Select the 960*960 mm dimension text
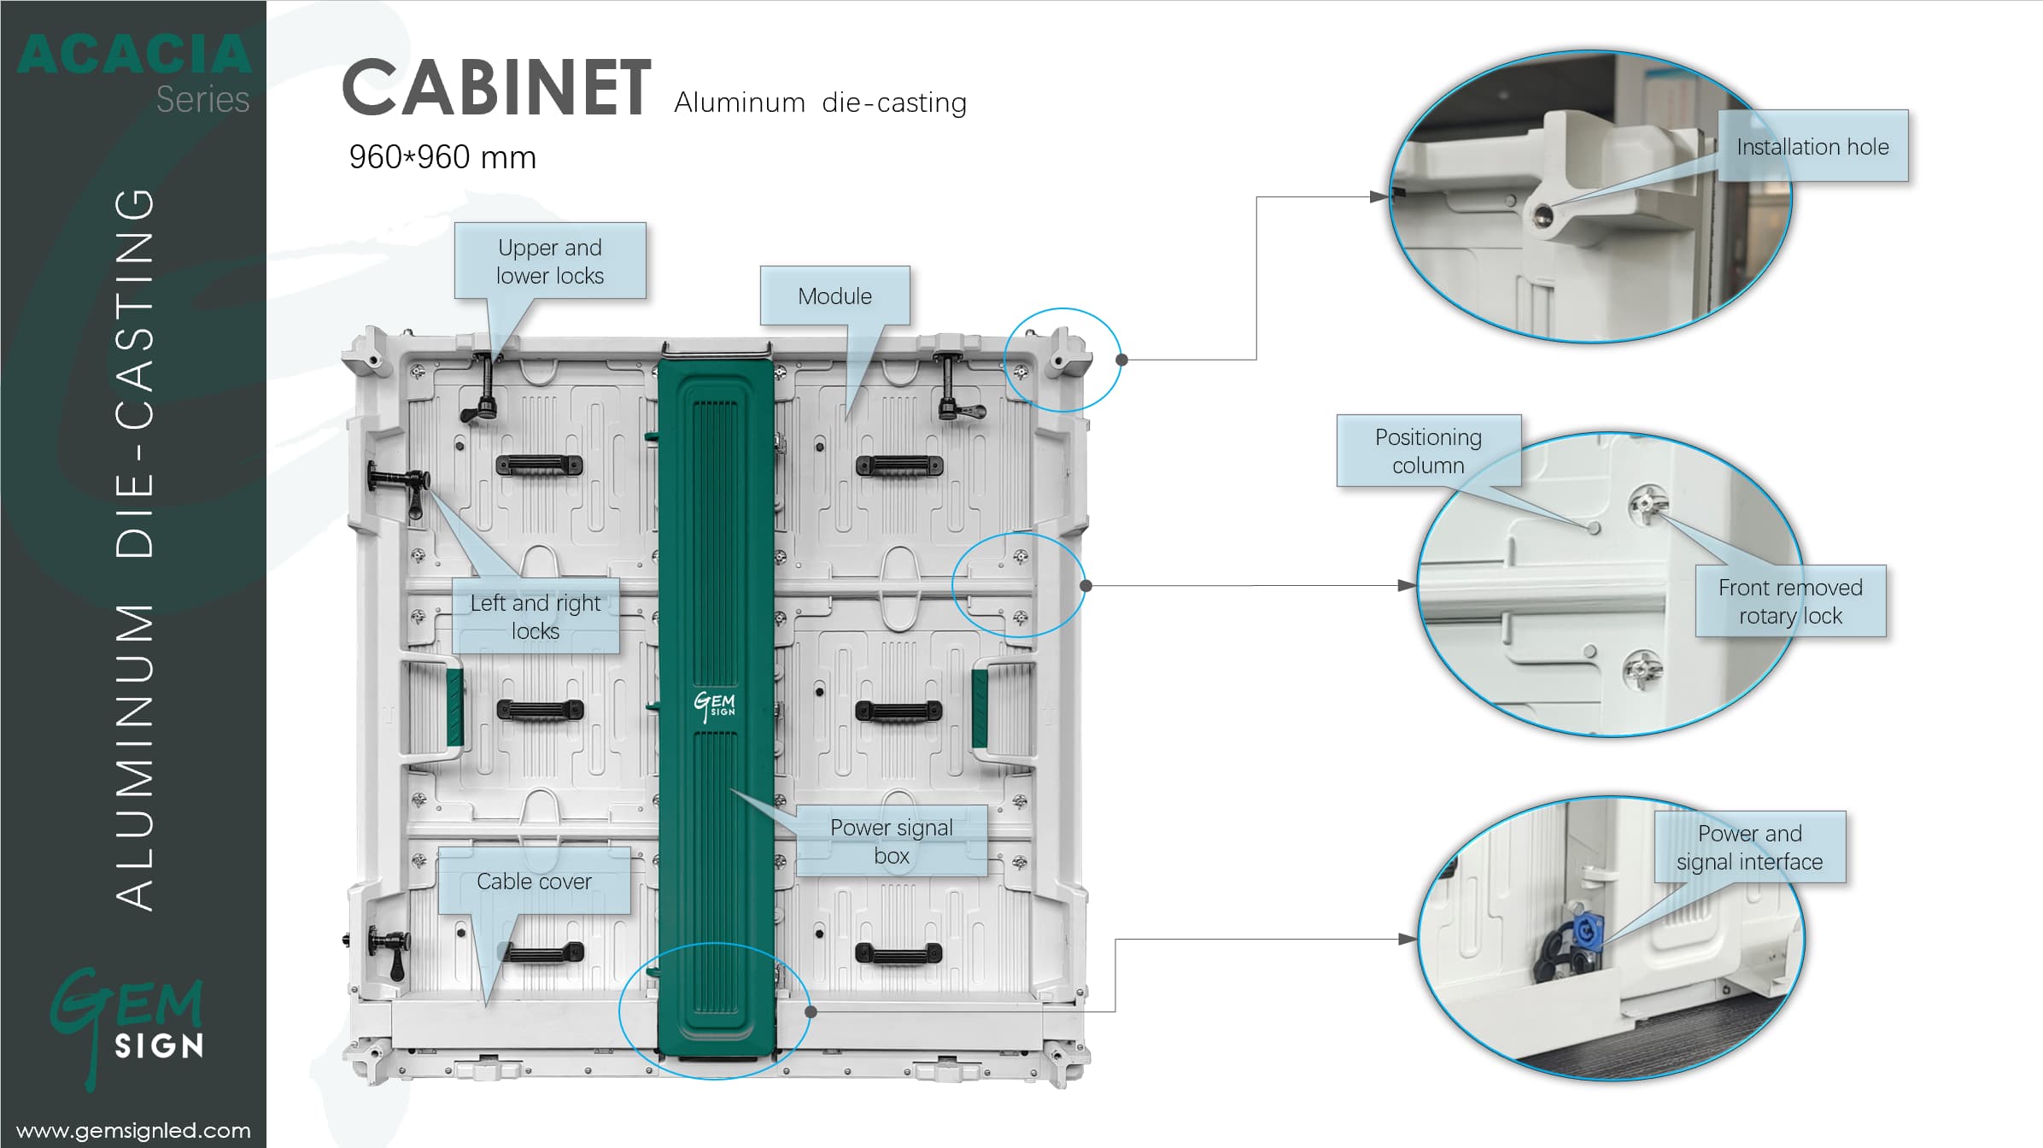pos(442,157)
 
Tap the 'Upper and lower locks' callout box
pos(550,261)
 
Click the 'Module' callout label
pos(834,296)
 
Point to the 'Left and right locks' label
pos(536,617)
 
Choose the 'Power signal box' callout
pos(891,841)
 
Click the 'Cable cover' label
pos(534,881)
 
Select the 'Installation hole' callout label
pos(1812,147)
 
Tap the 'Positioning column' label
pos(1428,451)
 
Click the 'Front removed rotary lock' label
pos(1790,601)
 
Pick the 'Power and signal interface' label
pos(1749,847)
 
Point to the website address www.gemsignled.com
pos(133,1130)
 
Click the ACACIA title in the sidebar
pos(134,55)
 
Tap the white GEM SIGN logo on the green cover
pos(715,706)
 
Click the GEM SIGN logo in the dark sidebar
pos(128,1026)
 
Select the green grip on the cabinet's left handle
pos(454,706)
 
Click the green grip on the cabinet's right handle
pos(980,708)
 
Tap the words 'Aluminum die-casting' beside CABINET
pos(820,103)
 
